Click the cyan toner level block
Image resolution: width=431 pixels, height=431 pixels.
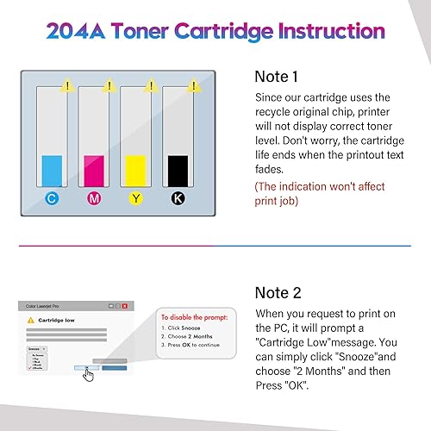pos(53,167)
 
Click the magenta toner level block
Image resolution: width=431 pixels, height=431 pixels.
pos(94,167)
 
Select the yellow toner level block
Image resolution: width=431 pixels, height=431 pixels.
pos(136,167)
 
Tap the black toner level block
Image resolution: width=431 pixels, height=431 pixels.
pos(178,167)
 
